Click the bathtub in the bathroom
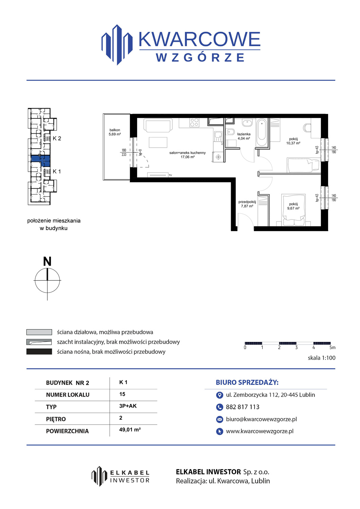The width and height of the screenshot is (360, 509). pyautogui.click(x=262, y=132)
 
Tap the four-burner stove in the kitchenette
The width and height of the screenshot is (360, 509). pyautogui.click(x=194, y=122)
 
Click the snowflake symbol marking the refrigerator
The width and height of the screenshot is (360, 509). pyautogui.click(x=218, y=157)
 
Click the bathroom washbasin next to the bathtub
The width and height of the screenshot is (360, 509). pyautogui.click(x=247, y=123)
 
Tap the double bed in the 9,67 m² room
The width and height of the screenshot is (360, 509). pyautogui.click(x=293, y=210)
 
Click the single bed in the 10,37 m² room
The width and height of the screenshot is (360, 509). pyautogui.click(x=303, y=166)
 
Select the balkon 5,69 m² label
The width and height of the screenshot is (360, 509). pyautogui.click(x=115, y=132)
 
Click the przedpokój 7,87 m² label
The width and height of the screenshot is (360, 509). pyautogui.click(x=247, y=204)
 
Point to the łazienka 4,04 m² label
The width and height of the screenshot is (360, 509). pyautogui.click(x=244, y=136)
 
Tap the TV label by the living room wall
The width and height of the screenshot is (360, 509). pyautogui.click(x=170, y=175)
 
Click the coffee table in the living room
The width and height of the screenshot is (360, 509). pyautogui.click(x=158, y=143)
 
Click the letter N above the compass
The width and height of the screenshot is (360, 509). pyautogui.click(x=47, y=261)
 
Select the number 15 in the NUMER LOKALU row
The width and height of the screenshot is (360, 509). pyautogui.click(x=122, y=394)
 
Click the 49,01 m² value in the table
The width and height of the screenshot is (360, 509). pyautogui.click(x=130, y=430)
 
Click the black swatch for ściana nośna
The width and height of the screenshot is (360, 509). pyautogui.click(x=39, y=352)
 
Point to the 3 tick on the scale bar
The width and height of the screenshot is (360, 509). pyautogui.click(x=296, y=347)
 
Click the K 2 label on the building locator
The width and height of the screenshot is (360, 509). pyautogui.click(x=57, y=138)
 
